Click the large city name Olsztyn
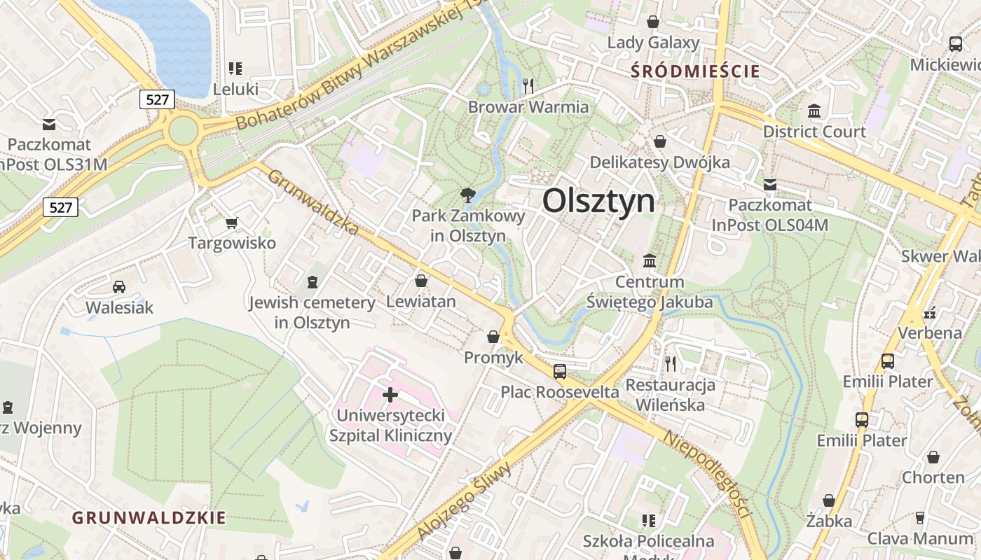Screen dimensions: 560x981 tap(599, 202)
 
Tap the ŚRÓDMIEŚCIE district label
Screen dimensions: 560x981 tap(695, 71)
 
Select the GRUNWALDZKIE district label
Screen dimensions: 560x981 tap(149, 518)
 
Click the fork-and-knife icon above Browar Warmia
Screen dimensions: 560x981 tap(528, 85)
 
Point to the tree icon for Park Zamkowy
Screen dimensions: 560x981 tap(467, 195)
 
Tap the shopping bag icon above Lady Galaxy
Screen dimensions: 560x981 tap(653, 22)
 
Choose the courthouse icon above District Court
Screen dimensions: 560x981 tap(814, 111)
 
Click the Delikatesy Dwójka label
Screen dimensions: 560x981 tap(659, 162)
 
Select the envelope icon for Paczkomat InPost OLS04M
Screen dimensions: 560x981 tap(770, 185)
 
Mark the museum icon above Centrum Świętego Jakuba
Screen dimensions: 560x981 tap(650, 260)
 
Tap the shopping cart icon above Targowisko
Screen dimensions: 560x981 tap(232, 223)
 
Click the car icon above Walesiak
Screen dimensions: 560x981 tap(119, 286)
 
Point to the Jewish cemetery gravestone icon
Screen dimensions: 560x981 tap(313, 281)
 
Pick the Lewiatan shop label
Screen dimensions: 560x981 tap(421, 302)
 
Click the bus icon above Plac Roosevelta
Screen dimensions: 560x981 tap(559, 371)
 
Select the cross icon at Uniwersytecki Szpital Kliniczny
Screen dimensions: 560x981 tap(390, 395)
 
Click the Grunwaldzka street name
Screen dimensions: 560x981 tap(313, 203)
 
